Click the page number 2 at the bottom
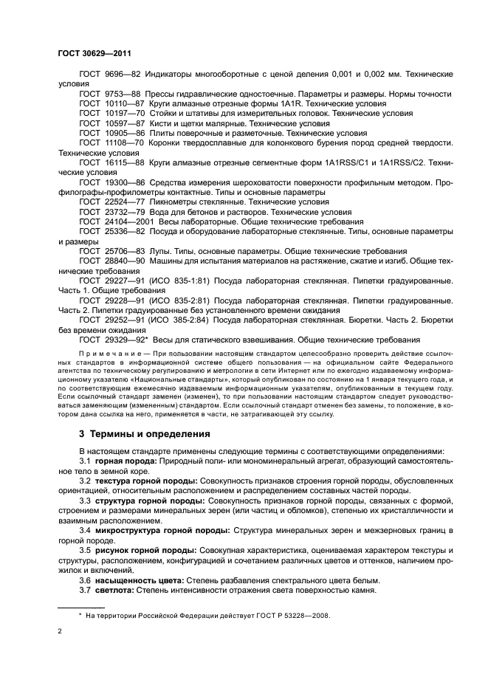[60, 631]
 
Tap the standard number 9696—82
[122, 75]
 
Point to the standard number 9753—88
[122, 94]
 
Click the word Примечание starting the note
[106, 354]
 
